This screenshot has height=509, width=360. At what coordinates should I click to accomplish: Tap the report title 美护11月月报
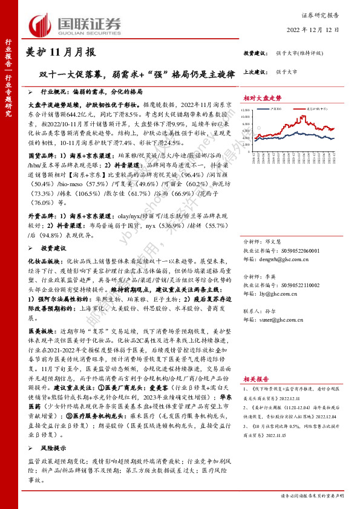coord(62,53)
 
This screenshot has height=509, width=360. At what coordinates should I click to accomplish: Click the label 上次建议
coord(256,71)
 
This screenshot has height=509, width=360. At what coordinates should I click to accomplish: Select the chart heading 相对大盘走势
coord(263,97)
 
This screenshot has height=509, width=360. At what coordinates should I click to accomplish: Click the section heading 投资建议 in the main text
coord(52,248)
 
